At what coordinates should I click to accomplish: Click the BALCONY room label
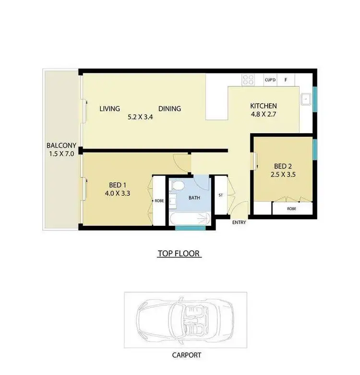click(x=60, y=146)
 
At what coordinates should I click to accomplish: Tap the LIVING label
click(x=109, y=109)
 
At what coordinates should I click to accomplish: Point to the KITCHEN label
click(x=264, y=106)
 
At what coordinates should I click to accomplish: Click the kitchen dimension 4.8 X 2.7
click(x=264, y=115)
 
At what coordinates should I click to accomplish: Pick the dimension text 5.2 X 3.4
click(x=140, y=117)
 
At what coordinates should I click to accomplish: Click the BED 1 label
click(x=118, y=186)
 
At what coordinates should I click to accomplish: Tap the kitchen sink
click(x=305, y=100)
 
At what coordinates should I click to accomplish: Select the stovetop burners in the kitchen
click(x=248, y=80)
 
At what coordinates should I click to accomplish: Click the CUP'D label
click(x=270, y=80)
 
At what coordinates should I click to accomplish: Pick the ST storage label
click(x=220, y=196)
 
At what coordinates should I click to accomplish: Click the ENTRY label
click(x=239, y=223)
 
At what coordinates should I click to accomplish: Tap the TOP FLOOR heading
click(x=180, y=254)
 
